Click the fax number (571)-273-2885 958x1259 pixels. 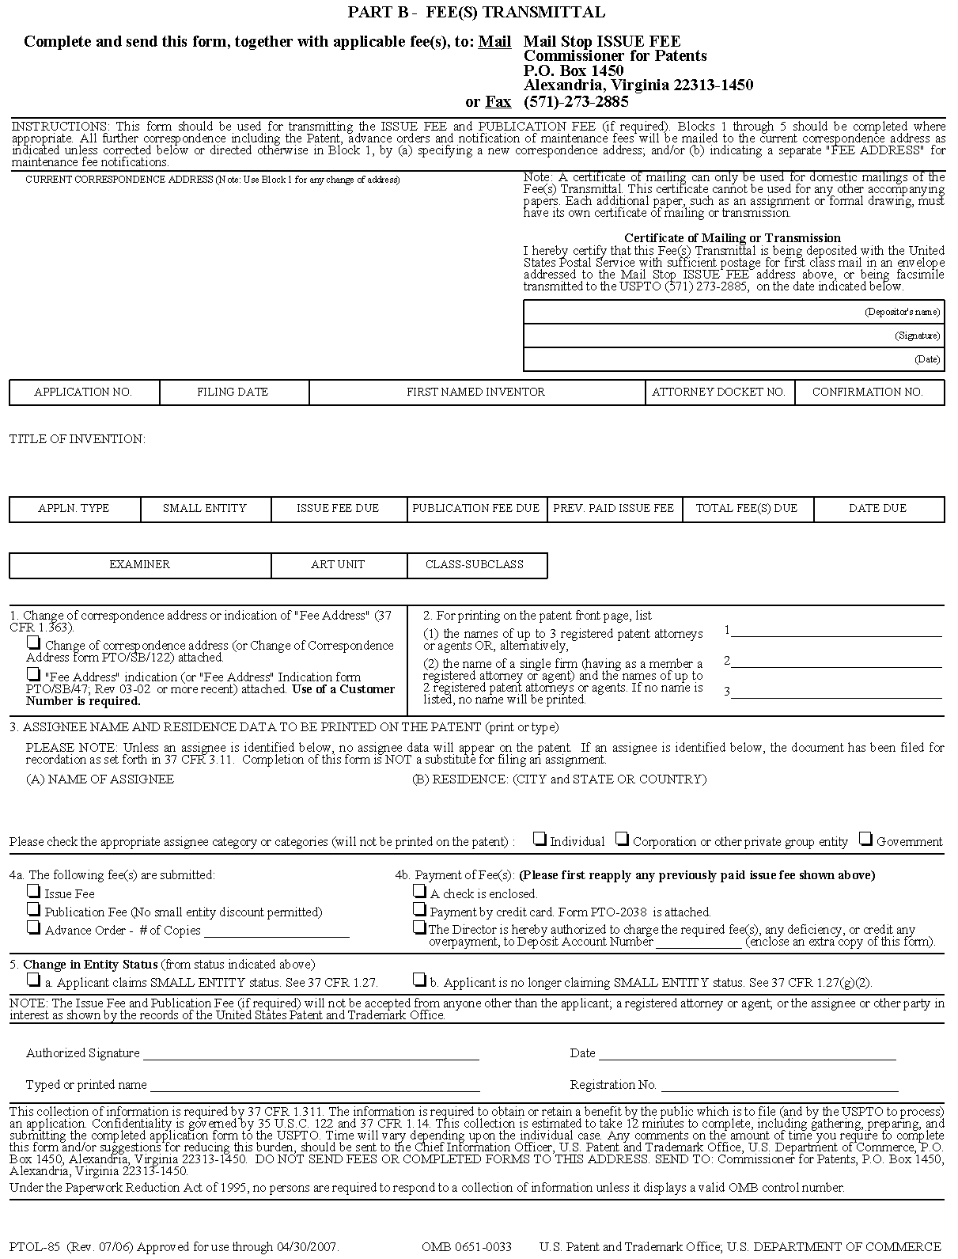tap(576, 101)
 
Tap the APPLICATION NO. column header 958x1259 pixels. tap(83, 392)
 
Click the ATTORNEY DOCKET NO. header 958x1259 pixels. tap(718, 392)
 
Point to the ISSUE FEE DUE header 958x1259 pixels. tap(338, 508)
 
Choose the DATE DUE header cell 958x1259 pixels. tap(877, 508)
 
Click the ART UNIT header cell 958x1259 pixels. tap(338, 564)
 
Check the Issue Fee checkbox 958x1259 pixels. tap(33, 891)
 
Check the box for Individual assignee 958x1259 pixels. tap(540, 839)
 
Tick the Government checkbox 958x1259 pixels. tap(866, 839)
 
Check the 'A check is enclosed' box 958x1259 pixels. tap(419, 891)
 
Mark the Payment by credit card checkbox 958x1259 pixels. tap(419, 909)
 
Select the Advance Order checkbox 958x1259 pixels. tap(33, 927)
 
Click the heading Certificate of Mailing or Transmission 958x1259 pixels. tap(732, 237)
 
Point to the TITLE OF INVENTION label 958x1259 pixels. tap(78, 438)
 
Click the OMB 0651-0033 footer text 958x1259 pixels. tap(466, 1247)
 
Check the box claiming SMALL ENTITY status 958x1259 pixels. tap(33, 980)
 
